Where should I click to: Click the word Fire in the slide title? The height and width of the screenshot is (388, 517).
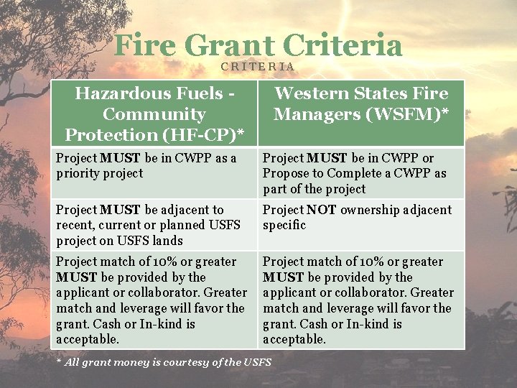[x=144, y=46]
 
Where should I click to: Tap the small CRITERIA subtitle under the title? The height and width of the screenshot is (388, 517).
[x=258, y=67]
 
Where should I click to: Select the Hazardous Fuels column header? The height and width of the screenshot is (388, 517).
[x=154, y=114]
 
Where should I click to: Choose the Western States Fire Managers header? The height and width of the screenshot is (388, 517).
[x=361, y=103]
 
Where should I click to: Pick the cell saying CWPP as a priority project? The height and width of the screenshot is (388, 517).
[x=146, y=166]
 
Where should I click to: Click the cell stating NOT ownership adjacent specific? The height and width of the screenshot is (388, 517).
[x=357, y=217]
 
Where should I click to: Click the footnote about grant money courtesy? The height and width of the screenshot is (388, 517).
[x=164, y=362]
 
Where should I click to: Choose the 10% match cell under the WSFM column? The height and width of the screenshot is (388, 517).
[x=358, y=300]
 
